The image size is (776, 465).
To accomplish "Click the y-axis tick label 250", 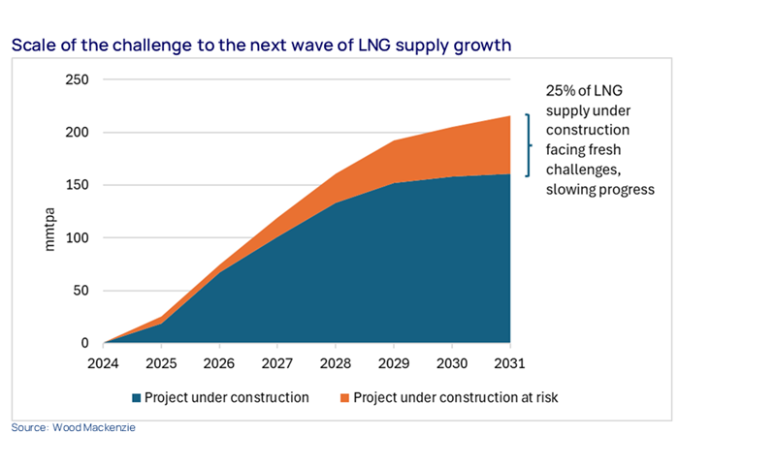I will pos(78,79).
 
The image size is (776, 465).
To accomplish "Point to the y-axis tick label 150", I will pos(78,185).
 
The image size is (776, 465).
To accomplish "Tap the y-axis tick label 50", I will pos(81,291).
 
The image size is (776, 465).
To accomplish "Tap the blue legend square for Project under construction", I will pos(137,397).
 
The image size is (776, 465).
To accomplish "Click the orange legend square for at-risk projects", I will pos(343,397).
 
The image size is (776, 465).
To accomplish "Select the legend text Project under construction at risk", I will pos(456,397).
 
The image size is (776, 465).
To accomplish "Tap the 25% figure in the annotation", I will pos(559,90).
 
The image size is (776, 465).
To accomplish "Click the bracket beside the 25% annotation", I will pos(529,145).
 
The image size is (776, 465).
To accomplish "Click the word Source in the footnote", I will pos(29,427).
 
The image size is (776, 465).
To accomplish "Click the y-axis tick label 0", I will pos(86,343).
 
